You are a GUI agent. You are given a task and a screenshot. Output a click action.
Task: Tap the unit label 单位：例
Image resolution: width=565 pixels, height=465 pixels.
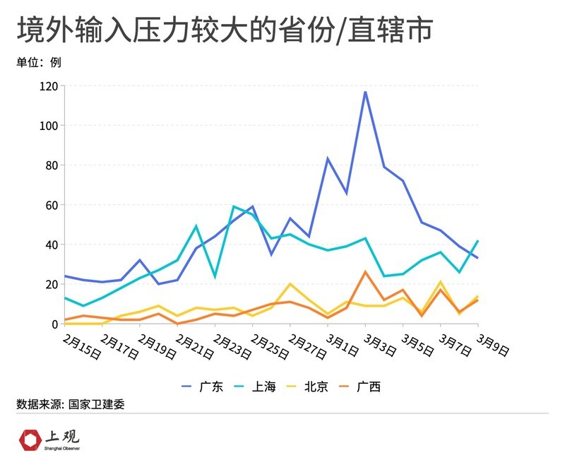pos(39,62)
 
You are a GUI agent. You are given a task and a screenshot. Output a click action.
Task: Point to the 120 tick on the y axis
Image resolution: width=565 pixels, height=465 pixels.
pos(47,86)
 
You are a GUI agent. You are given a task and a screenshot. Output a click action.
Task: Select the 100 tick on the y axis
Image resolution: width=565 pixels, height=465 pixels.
pos(47,126)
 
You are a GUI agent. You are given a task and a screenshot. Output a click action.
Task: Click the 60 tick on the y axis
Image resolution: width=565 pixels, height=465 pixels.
pos(50,205)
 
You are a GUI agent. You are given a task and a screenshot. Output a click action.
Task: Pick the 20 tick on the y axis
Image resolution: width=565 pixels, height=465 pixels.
pos(50,284)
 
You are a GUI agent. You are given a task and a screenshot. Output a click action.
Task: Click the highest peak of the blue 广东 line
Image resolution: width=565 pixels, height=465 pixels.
pos(365,92)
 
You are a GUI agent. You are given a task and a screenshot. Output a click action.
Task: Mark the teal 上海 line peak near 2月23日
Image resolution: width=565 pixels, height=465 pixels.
pos(234,206)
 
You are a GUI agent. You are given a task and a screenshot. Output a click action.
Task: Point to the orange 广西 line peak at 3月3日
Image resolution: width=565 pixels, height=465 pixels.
pos(365,272)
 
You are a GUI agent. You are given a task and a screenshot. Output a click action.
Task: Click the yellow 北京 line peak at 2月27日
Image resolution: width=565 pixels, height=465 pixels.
pos(290,284)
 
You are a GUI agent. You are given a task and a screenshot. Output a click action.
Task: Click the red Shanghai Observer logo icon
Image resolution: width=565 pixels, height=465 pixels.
pos(30,440)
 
